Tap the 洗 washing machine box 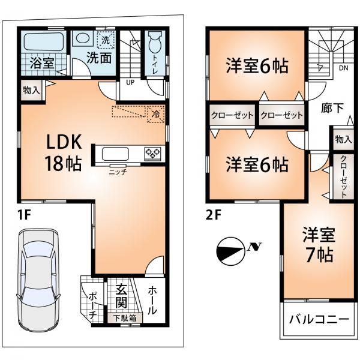tap(106, 40)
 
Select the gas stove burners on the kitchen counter tap(152, 154)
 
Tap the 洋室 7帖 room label tap(317, 243)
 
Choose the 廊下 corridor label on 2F tap(332, 108)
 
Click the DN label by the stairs tap(343, 68)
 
